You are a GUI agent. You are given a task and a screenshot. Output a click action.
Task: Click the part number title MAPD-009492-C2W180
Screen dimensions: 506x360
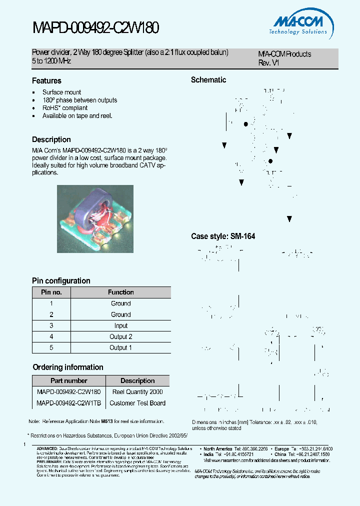pyautogui.click(x=95, y=28)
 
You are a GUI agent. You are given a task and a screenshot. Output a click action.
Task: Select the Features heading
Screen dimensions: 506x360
pyautogui.click(x=46, y=81)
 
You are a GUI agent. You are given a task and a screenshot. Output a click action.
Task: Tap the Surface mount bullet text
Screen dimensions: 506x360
pyautogui.click(x=61, y=92)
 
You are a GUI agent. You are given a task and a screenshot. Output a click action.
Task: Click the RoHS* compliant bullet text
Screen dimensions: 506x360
pyautogui.click(x=64, y=108)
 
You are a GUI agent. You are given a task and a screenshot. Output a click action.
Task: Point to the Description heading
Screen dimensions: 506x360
pyautogui.click(x=51, y=140)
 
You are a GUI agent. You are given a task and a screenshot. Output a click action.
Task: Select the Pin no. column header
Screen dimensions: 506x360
pyautogui.click(x=51, y=292)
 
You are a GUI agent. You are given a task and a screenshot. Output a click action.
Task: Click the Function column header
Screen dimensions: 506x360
pyautogui.click(x=120, y=292)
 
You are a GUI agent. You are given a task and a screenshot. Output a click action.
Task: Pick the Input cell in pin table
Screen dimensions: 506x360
pyautogui.click(x=120, y=326)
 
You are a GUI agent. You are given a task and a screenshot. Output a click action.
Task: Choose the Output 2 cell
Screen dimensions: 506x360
pyautogui.click(x=120, y=337)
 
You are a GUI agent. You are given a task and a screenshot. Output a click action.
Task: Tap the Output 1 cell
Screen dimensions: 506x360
pyautogui.click(x=120, y=348)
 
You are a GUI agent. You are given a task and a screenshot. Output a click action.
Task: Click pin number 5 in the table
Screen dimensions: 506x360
pyautogui.click(x=51, y=348)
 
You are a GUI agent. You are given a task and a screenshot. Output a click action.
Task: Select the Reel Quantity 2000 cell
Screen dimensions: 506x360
pyautogui.click(x=137, y=392)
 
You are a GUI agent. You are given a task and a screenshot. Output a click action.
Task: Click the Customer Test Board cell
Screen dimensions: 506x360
pyautogui.click(x=137, y=403)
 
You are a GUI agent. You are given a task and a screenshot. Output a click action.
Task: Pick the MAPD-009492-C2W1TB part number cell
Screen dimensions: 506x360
pyautogui.click(x=69, y=403)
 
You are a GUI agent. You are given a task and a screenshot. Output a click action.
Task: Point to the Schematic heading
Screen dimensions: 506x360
pyautogui.click(x=208, y=80)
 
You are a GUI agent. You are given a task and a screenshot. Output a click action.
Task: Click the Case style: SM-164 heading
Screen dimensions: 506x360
pyautogui.click(x=223, y=236)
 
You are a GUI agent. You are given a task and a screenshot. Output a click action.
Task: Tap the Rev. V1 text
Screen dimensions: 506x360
pyautogui.click(x=268, y=63)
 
